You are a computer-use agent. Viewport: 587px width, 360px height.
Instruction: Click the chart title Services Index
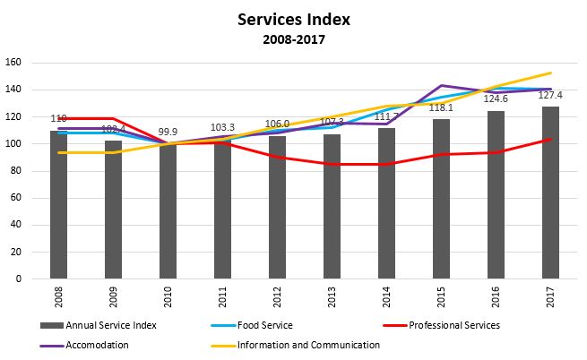click(292, 19)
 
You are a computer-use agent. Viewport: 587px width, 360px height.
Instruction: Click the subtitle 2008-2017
click(292, 39)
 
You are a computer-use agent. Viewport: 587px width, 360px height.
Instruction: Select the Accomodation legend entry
click(91, 344)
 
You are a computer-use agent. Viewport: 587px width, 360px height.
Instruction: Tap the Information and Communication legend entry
click(309, 344)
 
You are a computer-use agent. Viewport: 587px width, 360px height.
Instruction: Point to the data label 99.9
click(168, 132)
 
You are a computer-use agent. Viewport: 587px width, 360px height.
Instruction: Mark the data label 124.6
click(496, 99)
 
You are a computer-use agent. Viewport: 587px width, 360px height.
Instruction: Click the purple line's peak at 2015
click(441, 86)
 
